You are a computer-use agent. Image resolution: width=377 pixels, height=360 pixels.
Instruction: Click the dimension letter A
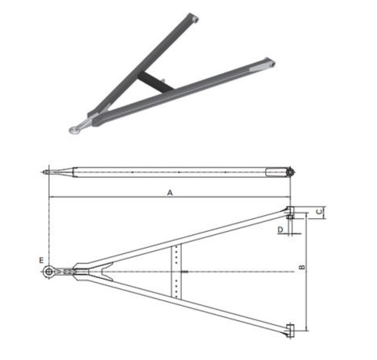170,193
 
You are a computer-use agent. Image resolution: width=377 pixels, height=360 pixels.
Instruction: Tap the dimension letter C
320,212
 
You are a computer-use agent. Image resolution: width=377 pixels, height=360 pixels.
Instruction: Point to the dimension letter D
281,230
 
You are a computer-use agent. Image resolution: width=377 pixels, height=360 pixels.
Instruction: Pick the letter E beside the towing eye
41,260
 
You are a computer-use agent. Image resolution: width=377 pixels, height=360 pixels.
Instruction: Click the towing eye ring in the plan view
48,272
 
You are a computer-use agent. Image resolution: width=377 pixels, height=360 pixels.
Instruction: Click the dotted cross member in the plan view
177,272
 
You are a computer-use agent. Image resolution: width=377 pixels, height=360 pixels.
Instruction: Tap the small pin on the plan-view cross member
185,272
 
